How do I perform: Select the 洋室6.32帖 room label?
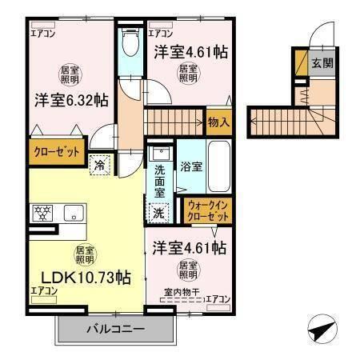coord(71,100)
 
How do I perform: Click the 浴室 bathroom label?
coord(190,167)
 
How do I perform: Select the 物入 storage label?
coord(218,122)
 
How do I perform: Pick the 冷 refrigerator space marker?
coord(100,165)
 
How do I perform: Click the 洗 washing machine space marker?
coord(159,213)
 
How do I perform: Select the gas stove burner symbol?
coord(42,213)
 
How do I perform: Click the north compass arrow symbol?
coord(320,328)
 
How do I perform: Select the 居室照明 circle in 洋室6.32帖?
coord(70,74)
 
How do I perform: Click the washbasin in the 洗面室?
coord(160,153)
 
